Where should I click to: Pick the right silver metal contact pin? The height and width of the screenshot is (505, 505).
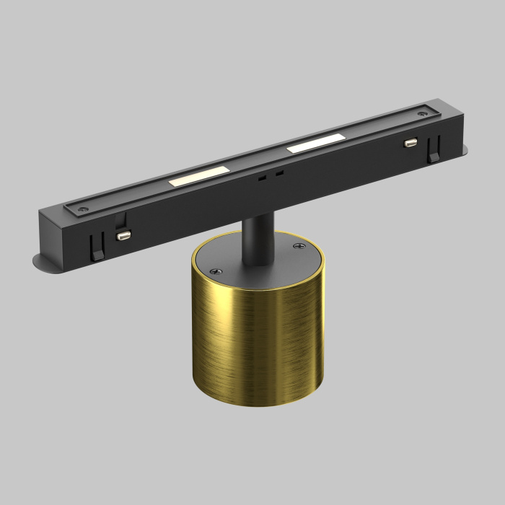click(x=411, y=143)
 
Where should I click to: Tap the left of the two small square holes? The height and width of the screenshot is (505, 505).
click(x=264, y=176)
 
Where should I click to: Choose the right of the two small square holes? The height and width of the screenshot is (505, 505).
click(x=278, y=172)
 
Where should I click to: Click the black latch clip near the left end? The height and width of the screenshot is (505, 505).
click(x=95, y=248)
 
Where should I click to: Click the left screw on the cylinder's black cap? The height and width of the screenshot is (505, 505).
click(x=214, y=271)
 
